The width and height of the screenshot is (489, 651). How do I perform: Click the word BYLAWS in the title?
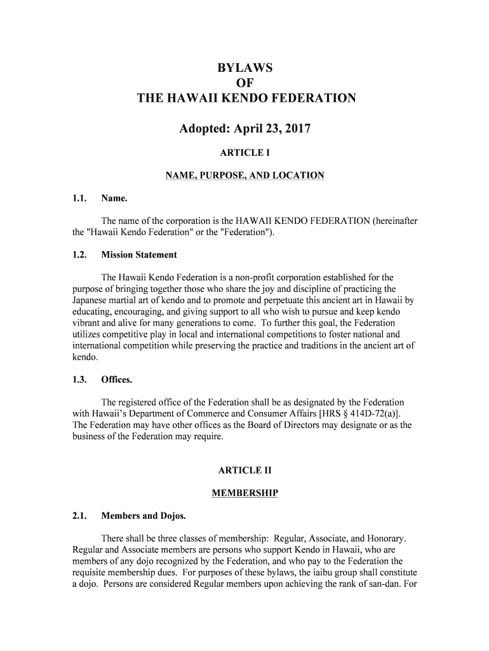coord(245,67)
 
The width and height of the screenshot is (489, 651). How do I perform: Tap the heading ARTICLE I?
coord(245,153)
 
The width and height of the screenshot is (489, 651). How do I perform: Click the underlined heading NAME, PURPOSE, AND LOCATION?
coord(245,175)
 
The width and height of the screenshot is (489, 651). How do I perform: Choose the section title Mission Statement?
coord(139,255)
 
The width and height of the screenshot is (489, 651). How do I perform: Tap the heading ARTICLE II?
coord(245,470)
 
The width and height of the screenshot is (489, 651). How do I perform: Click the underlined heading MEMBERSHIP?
coord(245,493)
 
